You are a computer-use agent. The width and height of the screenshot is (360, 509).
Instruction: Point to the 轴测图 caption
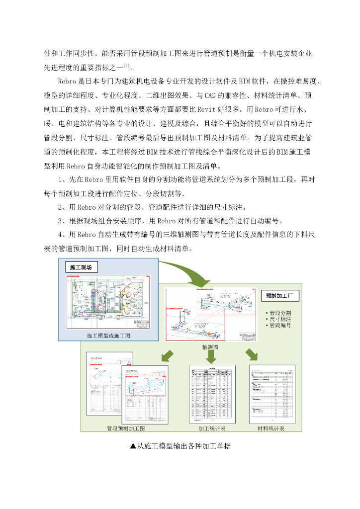click(210, 346)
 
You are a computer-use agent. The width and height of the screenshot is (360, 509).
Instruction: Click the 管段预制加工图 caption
click(126, 428)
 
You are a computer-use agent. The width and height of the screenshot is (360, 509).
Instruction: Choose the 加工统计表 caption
click(212, 428)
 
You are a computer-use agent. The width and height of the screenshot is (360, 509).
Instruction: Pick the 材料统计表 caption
click(271, 428)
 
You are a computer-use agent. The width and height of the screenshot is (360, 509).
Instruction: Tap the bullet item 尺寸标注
click(280, 319)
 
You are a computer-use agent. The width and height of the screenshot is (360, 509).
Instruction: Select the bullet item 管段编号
click(280, 326)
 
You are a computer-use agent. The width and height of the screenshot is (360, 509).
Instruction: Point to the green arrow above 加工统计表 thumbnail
click(211, 355)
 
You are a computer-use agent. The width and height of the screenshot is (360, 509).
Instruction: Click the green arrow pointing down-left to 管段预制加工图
click(168, 355)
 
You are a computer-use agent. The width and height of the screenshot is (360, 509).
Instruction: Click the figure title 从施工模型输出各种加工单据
click(180, 446)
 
